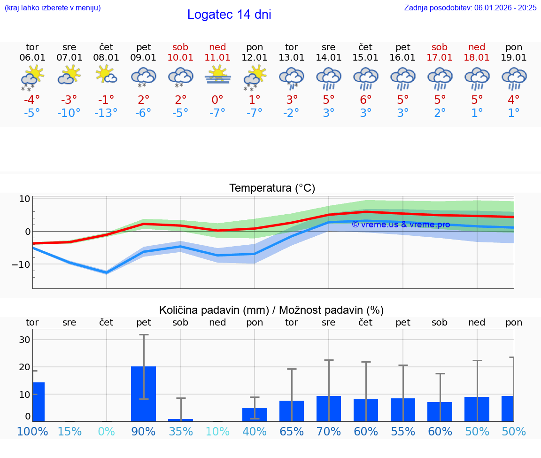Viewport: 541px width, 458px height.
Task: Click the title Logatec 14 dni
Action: coord(229,15)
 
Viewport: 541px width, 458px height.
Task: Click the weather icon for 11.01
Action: coord(217,76)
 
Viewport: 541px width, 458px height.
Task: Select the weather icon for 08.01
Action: coord(106,75)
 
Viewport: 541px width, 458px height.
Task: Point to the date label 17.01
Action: coord(440,58)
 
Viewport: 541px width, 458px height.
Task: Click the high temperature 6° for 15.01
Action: coord(365,100)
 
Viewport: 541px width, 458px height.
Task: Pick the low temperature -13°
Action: coord(106,113)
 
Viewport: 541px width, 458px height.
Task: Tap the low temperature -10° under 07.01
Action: coord(69,113)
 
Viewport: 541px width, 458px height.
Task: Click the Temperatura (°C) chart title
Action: coord(272,188)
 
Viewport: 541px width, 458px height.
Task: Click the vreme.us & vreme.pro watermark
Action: coord(401,225)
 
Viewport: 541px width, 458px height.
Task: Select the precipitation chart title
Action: coord(271,310)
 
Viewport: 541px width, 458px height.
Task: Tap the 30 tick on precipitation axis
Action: coord(24,340)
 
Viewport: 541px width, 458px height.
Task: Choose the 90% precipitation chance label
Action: coord(143,431)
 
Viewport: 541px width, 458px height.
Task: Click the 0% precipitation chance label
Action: coord(106,431)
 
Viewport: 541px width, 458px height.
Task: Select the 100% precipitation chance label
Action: coord(32,431)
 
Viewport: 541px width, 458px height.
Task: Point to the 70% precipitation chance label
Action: coord(329,431)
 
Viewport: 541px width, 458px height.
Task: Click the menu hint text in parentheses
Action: coord(53,8)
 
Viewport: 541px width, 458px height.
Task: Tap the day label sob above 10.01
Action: coord(180,47)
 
